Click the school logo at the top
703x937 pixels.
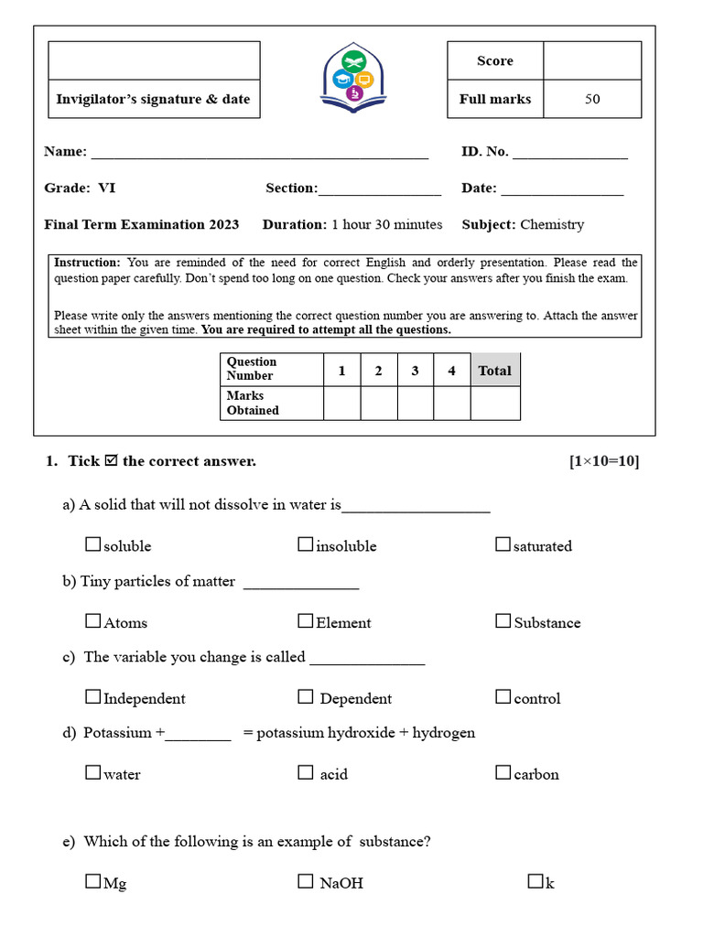click(x=353, y=79)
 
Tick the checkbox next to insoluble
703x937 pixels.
click(x=306, y=544)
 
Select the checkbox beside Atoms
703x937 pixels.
click(x=92, y=621)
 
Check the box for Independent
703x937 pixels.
click(x=92, y=697)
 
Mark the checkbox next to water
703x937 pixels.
click(x=92, y=773)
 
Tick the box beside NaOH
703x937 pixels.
click(x=306, y=882)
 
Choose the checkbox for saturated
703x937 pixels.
click(x=503, y=544)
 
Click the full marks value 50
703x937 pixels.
click(x=592, y=99)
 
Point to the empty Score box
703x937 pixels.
click(x=592, y=60)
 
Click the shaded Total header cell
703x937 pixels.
click(x=495, y=371)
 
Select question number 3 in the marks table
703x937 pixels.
click(x=415, y=371)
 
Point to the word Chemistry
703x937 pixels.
click(x=552, y=224)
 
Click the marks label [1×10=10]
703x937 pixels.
click(x=603, y=461)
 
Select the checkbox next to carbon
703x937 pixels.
click(x=503, y=773)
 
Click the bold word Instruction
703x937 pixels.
click(x=87, y=263)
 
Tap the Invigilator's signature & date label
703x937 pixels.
click(x=153, y=99)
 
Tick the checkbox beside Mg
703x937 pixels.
click(x=92, y=882)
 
